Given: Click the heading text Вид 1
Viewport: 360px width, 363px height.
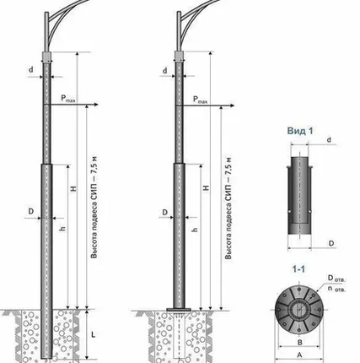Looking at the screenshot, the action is click(300, 131).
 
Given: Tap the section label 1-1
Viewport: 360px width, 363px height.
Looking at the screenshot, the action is click(298, 269).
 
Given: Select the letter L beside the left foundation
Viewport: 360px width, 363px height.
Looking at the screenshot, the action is click(93, 334).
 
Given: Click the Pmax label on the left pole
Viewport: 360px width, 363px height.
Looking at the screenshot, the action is click(68, 99).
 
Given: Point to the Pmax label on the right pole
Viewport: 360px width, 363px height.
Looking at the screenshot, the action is click(200, 100).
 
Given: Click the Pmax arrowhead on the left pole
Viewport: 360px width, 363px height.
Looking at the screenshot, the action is click(96, 105).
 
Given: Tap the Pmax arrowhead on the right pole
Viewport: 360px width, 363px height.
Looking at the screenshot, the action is click(232, 106).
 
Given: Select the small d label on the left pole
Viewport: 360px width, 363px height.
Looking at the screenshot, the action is click(31, 69).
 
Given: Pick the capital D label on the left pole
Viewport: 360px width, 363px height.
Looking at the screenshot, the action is click(31, 211).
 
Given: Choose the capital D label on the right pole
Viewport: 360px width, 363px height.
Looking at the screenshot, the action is click(165, 213).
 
